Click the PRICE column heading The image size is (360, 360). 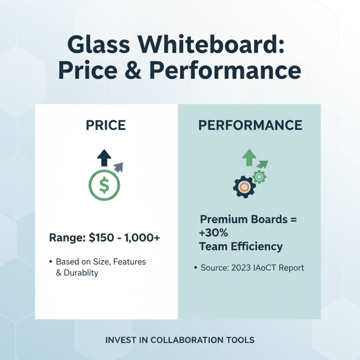(x=106, y=126)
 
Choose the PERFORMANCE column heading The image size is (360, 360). (x=250, y=126)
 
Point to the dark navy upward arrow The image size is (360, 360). (x=104, y=158)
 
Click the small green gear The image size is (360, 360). (x=259, y=177)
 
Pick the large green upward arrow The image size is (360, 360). (x=248, y=158)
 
